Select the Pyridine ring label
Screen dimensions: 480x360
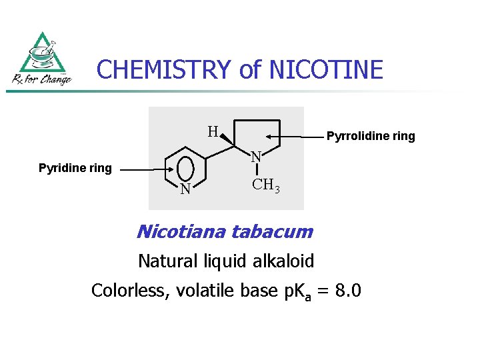pyautogui.click(x=75, y=169)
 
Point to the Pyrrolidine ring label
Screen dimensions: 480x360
pyautogui.click(x=370, y=137)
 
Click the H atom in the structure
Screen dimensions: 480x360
pyautogui.click(x=213, y=131)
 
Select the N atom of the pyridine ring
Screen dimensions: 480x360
pyautogui.click(x=186, y=191)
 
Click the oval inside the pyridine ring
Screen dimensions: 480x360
pyautogui.click(x=187, y=167)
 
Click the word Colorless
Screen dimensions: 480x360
pyautogui.click(x=130, y=291)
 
